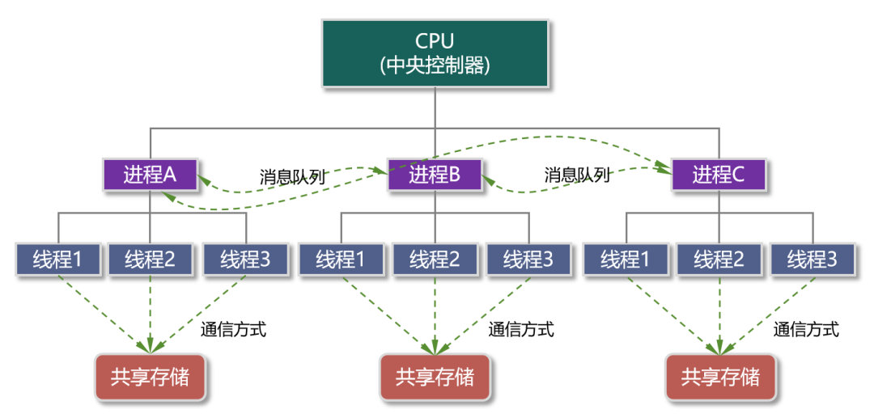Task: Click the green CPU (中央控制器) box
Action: click(x=435, y=53)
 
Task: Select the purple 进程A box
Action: click(x=151, y=175)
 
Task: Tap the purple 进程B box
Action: click(x=435, y=175)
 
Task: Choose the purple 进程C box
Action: click(x=719, y=175)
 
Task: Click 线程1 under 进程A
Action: click(x=59, y=260)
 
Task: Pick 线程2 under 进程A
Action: click(x=151, y=260)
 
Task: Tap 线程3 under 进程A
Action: click(x=246, y=260)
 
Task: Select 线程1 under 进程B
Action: click(x=342, y=260)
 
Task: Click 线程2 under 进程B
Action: click(x=435, y=260)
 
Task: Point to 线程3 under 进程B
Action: click(x=529, y=260)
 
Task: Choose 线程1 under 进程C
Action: click(x=626, y=260)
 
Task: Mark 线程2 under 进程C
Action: click(x=719, y=260)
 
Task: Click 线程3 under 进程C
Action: click(x=813, y=260)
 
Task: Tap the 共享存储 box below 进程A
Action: click(x=151, y=377)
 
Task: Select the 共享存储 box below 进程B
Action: click(x=435, y=377)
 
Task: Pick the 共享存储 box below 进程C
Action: click(x=719, y=377)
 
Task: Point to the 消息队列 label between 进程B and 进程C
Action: click(x=577, y=175)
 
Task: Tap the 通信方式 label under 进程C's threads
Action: click(x=806, y=329)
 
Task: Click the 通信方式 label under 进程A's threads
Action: click(x=233, y=329)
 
